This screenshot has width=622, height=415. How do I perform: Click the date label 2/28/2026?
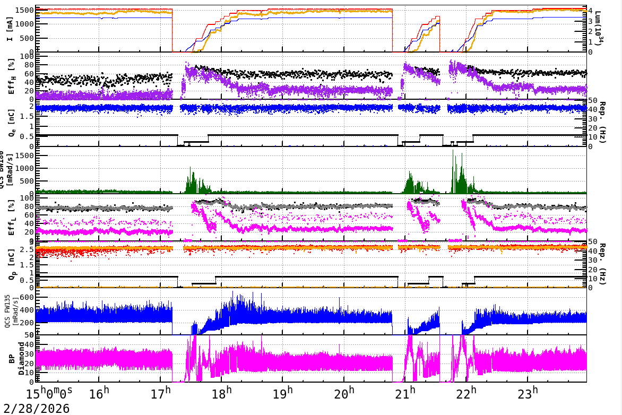tap(35, 408)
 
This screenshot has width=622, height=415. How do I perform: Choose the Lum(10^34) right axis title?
tap(599, 29)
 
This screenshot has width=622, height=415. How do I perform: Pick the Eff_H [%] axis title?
tap(12, 76)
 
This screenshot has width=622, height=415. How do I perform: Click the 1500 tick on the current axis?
tap(26, 10)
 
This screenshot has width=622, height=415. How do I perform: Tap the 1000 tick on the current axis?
tap(26, 24)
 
